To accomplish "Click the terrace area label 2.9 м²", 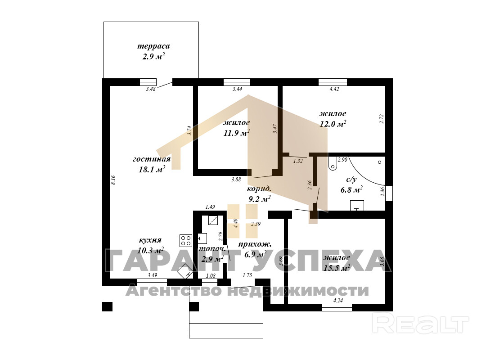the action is coord(153,57).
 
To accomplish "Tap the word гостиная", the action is coord(151,159).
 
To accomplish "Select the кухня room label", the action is coord(150,240).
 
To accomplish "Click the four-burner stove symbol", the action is coord(186,240).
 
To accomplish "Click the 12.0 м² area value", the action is coord(333,124).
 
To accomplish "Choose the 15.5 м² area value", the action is coord(337,268).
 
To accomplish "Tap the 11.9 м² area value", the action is coord(236,133).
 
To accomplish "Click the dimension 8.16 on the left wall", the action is coord(113,180).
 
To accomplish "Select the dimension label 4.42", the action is coord(334,89).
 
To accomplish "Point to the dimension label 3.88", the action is coord(236,180).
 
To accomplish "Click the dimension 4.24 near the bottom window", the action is coord(338,301).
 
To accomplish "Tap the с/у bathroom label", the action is coord(351,180).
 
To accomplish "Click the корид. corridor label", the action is coord(259,189).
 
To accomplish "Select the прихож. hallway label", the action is coord(255,244).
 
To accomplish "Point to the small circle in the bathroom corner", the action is coord(379,162).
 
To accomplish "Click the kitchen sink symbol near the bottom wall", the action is coord(185,272).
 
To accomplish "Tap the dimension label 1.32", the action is coord(298,161).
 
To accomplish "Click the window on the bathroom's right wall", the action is coord(389,193).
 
